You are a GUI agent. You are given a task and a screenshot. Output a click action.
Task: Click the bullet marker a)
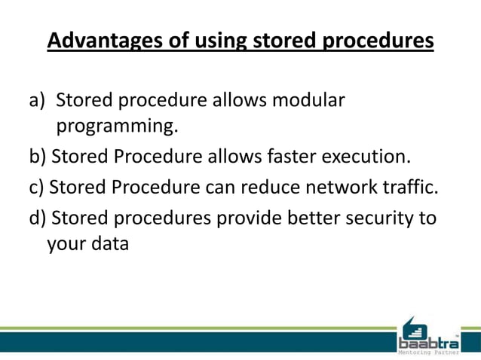pyautogui.click(x=38, y=100)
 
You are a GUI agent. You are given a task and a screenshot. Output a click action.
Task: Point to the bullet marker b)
pyautogui.click(x=38, y=158)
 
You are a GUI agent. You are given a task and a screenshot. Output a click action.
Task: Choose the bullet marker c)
pyautogui.click(x=38, y=188)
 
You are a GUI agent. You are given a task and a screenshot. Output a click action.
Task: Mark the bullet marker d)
pyautogui.click(x=38, y=218)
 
